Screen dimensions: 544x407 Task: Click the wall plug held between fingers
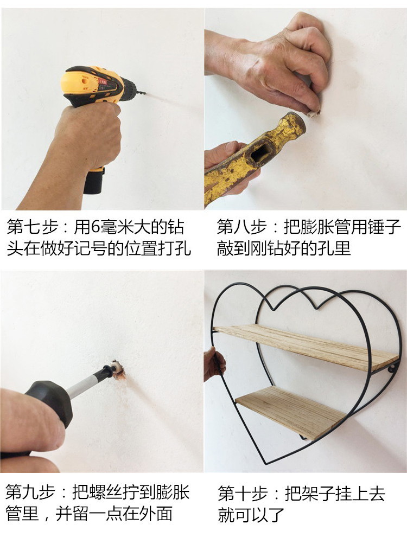click(314, 113)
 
